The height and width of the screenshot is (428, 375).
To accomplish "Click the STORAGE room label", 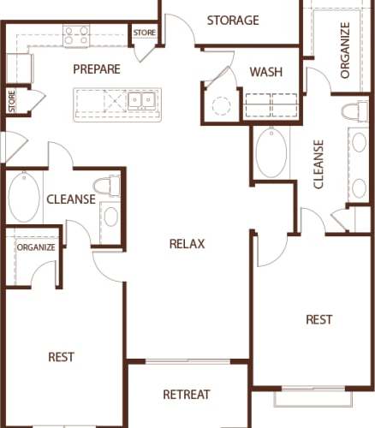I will tap(233, 21).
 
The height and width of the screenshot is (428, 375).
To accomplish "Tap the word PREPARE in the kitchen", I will tap(97, 69).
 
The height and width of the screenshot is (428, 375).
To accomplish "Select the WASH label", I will tap(266, 72).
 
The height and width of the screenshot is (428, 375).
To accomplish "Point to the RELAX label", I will tap(187, 244).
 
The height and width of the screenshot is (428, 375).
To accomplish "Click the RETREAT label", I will tap(187, 395).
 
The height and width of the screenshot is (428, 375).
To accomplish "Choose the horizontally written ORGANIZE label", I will tap(35, 247).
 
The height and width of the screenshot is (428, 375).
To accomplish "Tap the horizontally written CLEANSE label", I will tap(70, 199).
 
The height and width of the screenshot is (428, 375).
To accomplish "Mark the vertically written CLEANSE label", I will tap(318, 163).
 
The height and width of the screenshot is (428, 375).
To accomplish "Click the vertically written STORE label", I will tap(12, 101).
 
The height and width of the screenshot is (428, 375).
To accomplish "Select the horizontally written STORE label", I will tap(142, 33).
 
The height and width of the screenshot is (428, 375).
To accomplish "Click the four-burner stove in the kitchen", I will tap(76, 35).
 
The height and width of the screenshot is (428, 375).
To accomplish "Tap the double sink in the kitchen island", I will tap(141, 101).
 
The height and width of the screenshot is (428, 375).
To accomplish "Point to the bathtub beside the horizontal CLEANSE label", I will tap(24, 197).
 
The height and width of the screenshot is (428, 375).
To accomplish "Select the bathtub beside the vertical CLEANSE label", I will tap(272, 152).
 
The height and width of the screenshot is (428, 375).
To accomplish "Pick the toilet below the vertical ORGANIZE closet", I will tap(352, 112).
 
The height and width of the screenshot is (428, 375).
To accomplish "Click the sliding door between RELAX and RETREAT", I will tap(187, 361).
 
